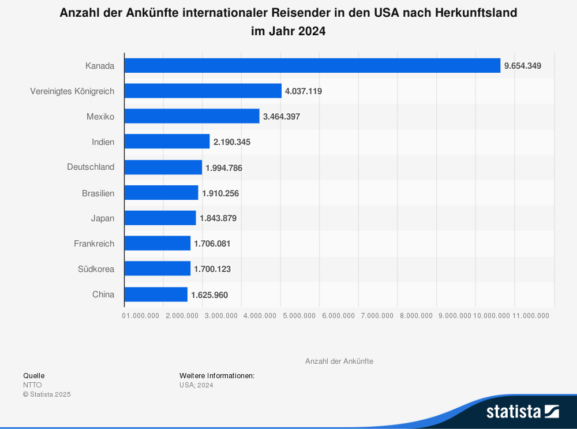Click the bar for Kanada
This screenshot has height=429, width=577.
point(312,65)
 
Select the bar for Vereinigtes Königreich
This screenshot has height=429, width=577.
point(203,91)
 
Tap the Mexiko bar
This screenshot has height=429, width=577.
point(192,116)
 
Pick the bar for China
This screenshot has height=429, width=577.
point(156,294)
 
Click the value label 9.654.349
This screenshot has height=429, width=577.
point(522,66)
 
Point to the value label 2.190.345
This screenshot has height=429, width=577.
point(231,142)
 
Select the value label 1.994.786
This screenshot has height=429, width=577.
point(224,167)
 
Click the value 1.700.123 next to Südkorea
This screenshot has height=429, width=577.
point(212,269)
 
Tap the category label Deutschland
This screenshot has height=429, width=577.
point(91,167)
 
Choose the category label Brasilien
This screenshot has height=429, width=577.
point(98,193)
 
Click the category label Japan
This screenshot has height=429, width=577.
point(103,218)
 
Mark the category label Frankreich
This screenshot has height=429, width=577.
point(94,244)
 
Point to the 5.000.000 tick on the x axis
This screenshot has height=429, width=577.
point(299,315)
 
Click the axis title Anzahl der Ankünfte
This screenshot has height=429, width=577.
point(339,361)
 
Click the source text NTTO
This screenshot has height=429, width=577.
point(32,385)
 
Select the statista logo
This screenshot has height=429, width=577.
point(522,411)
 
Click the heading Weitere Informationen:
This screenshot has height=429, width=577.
point(216,375)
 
